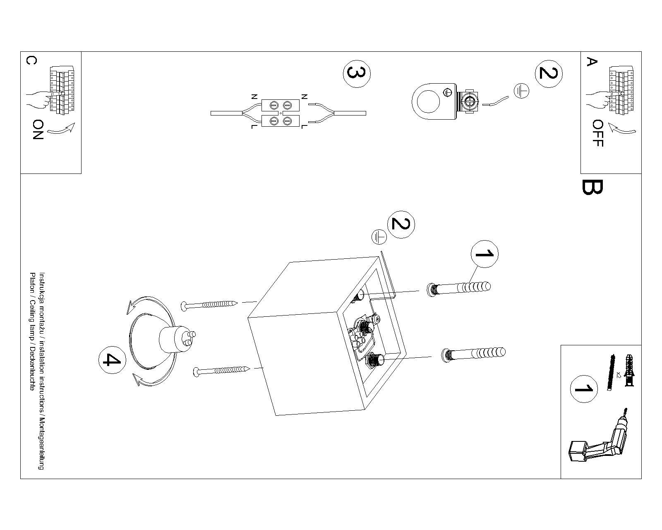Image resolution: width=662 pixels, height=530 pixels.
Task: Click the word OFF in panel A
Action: coord(598,133)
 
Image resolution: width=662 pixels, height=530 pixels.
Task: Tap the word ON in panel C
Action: coord(38,130)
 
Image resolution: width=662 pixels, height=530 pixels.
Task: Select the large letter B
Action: coord(592,187)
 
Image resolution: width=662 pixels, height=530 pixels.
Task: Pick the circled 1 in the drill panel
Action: coord(584,389)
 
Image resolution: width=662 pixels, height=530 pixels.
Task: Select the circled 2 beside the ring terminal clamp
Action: coord(549,74)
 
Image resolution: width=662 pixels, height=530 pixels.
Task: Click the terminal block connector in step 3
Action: coord(281,113)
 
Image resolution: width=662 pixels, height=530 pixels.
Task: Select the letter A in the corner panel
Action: coord(592,62)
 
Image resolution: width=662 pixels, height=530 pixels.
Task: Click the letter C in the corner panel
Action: coord(31,61)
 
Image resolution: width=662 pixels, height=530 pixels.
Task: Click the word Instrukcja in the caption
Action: coord(41,284)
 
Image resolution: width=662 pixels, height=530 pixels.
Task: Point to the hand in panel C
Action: coord(37,101)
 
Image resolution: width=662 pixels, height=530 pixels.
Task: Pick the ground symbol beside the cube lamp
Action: coord(379,237)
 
